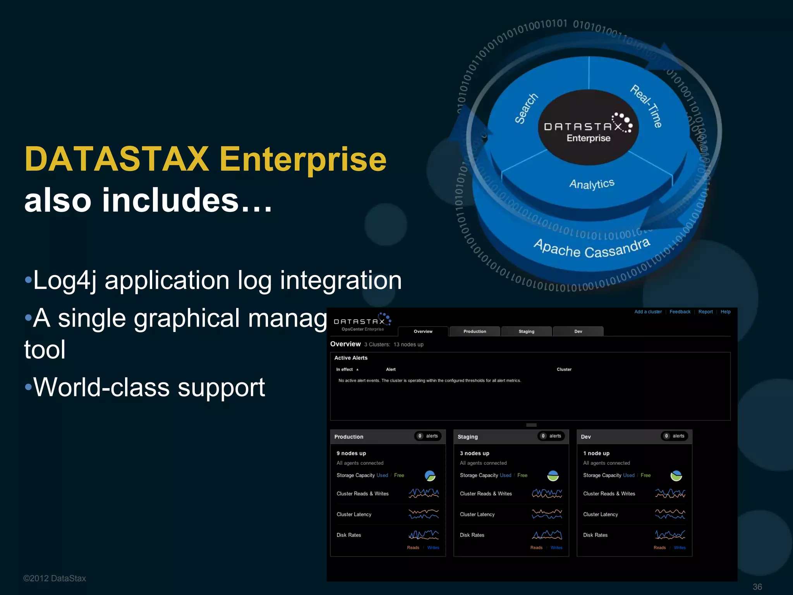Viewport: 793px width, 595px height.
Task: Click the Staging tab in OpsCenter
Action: [x=526, y=331]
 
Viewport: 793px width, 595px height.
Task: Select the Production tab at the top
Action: [x=474, y=331]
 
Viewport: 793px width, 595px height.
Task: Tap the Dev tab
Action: [x=578, y=331]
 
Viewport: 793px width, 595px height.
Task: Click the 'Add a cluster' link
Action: [x=648, y=312]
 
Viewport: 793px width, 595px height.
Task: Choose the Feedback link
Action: [x=680, y=312]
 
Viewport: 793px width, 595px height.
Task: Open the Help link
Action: [x=725, y=312]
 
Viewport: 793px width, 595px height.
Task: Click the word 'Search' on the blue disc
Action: [x=526, y=108]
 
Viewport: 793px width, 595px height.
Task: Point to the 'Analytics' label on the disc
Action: [x=592, y=184]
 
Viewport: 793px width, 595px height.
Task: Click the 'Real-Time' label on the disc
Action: [x=646, y=106]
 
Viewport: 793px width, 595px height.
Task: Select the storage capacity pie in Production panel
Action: [x=430, y=476]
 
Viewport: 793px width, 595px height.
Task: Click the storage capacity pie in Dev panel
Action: [x=676, y=476]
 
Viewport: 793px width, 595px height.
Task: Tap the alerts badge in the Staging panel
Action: [x=551, y=436]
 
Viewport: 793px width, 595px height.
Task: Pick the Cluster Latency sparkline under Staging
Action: [x=547, y=514]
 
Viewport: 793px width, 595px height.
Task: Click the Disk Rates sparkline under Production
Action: [x=424, y=535]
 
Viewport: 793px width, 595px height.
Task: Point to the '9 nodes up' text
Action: [x=351, y=453]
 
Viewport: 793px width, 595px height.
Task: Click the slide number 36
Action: [x=757, y=587]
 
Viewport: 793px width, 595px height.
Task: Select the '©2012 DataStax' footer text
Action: [x=55, y=578]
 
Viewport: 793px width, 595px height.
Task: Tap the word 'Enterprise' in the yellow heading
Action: [x=303, y=159]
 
